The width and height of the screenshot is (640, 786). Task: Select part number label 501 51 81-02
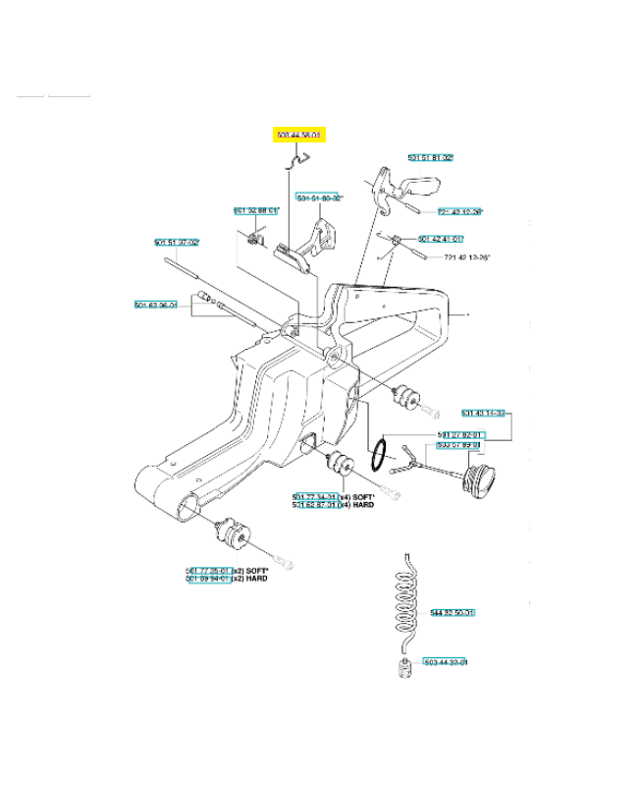431,157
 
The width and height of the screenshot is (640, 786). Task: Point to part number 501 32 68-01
256,210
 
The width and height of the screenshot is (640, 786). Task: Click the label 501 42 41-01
441,239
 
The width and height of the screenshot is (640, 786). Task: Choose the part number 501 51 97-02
177,243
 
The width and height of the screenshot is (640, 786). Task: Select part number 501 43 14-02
483,414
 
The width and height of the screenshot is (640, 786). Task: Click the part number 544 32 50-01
453,613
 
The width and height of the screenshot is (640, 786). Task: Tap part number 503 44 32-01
445,662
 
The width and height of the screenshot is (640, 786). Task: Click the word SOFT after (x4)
366,497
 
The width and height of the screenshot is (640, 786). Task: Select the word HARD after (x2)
257,579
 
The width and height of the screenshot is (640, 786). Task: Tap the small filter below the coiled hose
400,670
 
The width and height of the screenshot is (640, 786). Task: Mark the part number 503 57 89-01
458,445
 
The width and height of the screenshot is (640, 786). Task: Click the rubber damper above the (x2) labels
235,535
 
